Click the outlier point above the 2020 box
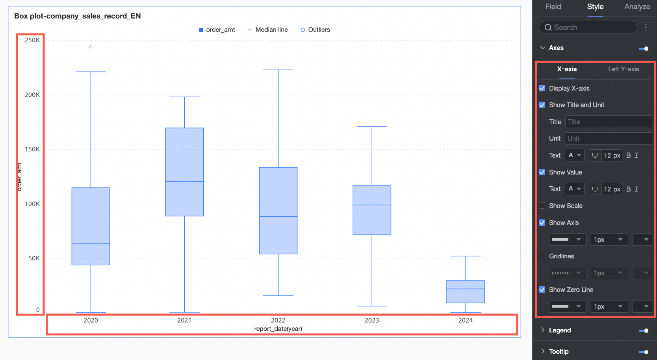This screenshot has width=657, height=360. click(91, 47)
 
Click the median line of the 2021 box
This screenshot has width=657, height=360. click(184, 182)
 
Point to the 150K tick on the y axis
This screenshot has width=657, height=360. click(32, 149)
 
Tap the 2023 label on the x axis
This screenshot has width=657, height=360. click(371, 320)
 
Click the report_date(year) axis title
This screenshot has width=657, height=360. click(278, 329)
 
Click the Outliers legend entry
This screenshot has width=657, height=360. click(315, 30)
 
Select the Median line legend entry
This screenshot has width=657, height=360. click(268, 30)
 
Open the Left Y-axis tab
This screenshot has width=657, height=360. click(623, 69)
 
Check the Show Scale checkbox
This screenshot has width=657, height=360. click(542, 206)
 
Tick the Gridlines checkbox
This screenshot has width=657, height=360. click(542, 256)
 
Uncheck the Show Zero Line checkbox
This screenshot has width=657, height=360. click(542, 289)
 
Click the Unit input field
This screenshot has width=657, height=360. click(608, 139)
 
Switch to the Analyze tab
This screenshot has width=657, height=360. click(637, 7)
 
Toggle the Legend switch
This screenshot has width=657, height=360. click(644, 330)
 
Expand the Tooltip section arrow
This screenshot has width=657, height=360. click(543, 351)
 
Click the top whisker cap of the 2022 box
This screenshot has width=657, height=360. click(278, 70)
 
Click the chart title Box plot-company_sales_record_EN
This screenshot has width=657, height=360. click(78, 16)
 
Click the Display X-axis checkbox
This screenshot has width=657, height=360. click(542, 88)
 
